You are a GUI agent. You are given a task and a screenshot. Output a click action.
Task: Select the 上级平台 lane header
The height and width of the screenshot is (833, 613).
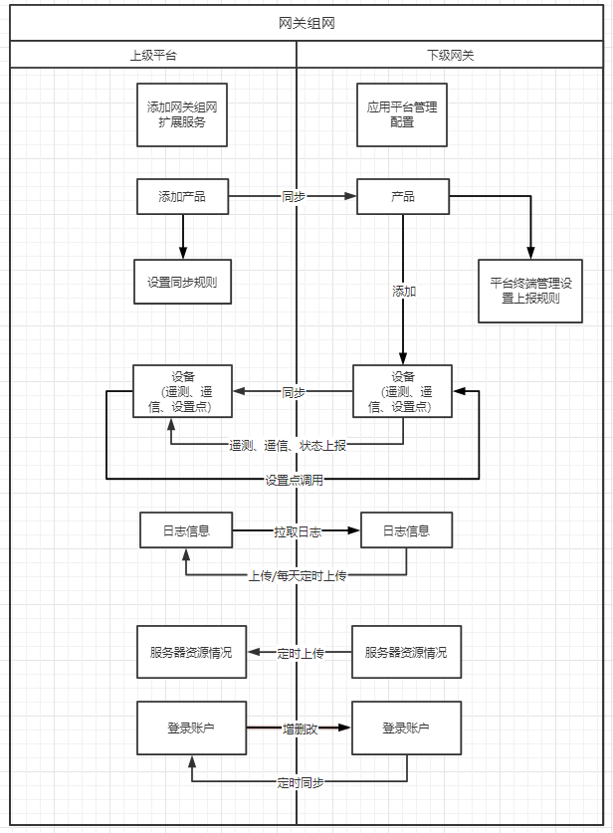pos(153,56)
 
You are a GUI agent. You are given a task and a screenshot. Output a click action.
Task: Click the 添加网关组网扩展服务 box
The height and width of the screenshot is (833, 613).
pos(182,115)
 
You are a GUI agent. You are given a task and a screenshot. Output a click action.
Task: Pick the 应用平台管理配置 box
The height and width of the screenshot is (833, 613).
pos(402,115)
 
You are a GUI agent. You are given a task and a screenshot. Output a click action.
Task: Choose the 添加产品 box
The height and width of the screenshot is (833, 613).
pos(182,197)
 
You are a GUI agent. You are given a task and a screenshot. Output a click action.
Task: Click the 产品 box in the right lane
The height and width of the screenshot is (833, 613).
pos(403,197)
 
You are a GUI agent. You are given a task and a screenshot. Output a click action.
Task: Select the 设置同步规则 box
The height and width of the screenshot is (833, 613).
pos(182,282)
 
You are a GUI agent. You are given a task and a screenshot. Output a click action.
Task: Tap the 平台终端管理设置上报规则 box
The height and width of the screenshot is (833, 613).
pos(530,290)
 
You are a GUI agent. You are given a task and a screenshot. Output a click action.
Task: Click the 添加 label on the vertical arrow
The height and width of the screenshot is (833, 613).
pos(404,292)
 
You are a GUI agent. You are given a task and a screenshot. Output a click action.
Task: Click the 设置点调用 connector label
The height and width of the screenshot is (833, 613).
pos(294,480)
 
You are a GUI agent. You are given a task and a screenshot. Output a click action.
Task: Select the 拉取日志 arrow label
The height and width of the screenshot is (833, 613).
pos(298,532)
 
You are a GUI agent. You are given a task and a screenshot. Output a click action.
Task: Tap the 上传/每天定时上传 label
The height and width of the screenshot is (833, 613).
pos(297,575)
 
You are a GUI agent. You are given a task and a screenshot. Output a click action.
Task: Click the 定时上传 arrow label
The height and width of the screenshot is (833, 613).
pos(301,653)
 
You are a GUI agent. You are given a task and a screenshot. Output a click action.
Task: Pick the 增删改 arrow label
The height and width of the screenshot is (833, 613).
pos(300,729)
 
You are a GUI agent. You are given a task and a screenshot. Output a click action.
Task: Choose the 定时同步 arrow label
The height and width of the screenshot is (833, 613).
pos(300,782)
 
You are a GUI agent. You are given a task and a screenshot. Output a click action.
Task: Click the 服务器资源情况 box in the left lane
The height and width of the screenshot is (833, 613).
pos(191,653)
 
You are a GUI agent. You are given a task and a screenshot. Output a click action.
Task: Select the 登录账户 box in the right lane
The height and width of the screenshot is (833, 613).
pos(406,729)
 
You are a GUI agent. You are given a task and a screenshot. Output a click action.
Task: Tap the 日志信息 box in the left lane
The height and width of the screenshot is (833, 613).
pos(187,531)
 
